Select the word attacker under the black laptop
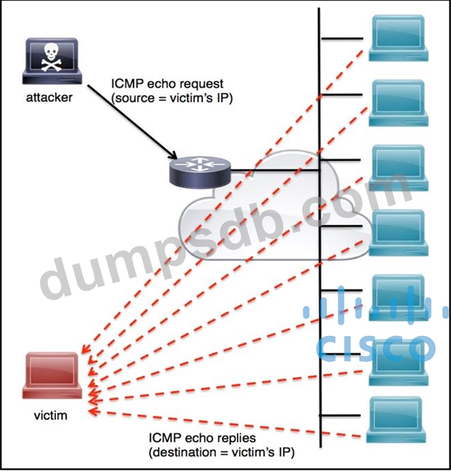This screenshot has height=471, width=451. tap(49, 97)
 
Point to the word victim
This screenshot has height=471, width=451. tap(50, 416)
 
